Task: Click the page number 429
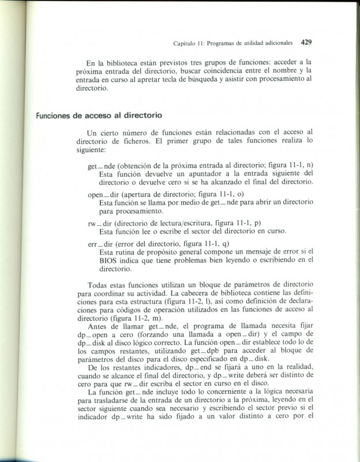point(306,42)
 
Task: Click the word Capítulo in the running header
point(186,43)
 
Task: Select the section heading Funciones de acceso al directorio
point(99,115)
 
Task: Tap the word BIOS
point(109,260)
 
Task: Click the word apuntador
point(204,173)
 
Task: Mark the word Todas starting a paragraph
point(98,285)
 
